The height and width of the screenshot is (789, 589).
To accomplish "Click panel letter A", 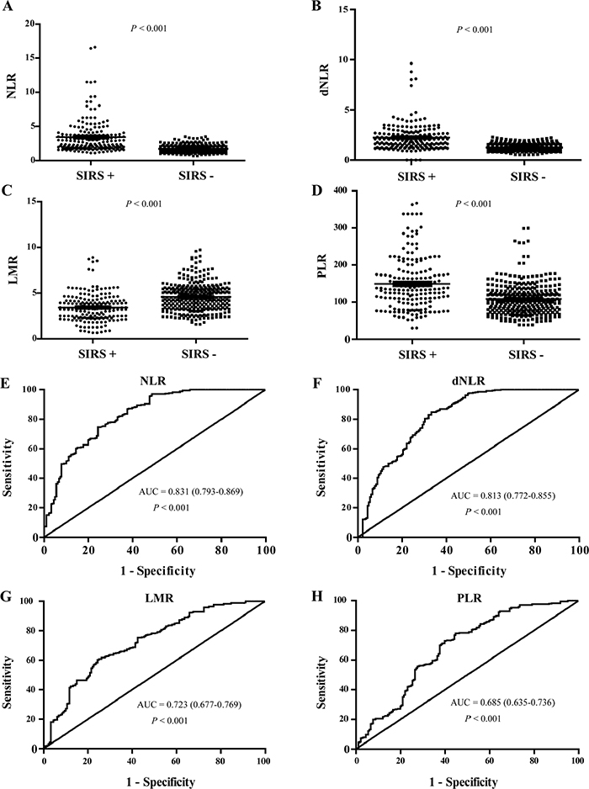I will (x=8, y=8).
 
